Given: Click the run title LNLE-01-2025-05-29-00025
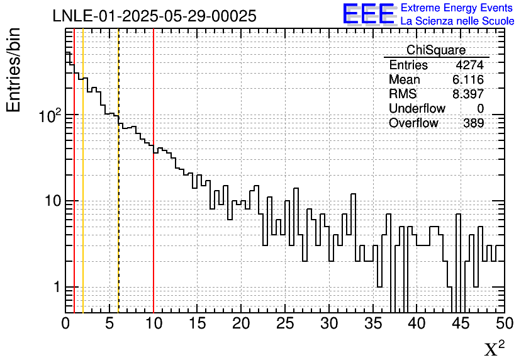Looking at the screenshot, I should [154, 16].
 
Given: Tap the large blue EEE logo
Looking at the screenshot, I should [368, 14].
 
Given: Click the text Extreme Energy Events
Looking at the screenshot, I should [457, 8].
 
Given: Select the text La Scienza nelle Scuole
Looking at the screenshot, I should [457, 21].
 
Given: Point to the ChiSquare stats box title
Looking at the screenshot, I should [436, 50].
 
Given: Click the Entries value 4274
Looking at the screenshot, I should [469, 65].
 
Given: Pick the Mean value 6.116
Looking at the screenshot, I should [467, 80].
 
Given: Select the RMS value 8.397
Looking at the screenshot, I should [467, 94].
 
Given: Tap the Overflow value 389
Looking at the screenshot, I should [473, 123].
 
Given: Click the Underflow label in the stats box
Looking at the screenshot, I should [417, 109].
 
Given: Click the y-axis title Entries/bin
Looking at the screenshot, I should [14, 70].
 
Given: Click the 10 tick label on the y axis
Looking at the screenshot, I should [52, 202].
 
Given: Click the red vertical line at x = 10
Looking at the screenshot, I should [154, 189].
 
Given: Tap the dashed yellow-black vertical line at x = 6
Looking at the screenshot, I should [118, 189].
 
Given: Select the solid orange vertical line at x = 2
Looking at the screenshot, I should [83, 189].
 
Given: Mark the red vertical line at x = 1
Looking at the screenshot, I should [74, 189].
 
